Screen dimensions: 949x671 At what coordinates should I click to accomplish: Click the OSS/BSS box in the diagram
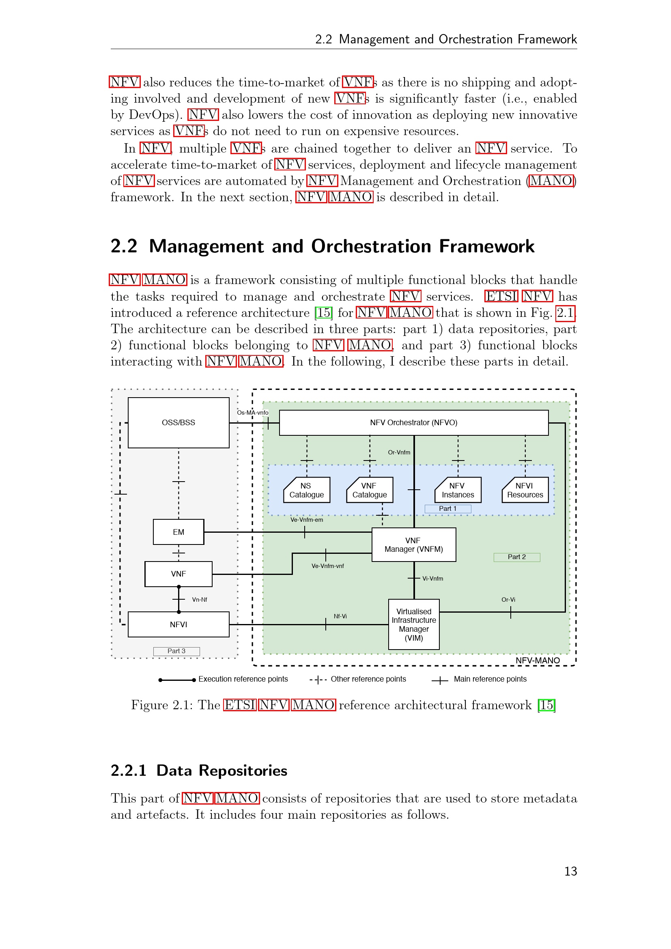179,422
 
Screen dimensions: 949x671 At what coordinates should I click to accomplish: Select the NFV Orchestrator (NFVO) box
413,422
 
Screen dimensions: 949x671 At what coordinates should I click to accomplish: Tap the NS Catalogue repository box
307,490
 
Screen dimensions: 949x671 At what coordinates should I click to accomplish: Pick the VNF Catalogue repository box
370,490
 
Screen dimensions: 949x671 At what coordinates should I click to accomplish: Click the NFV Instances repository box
458,490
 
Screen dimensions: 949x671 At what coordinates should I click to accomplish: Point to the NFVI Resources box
525,490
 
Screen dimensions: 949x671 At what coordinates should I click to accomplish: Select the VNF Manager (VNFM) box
413,544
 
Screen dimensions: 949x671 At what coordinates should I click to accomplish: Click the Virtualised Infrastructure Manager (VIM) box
413,624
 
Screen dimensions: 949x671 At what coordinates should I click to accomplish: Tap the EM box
179,532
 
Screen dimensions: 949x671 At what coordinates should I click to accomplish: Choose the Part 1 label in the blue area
447,508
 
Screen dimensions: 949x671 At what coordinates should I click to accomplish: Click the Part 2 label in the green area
516,557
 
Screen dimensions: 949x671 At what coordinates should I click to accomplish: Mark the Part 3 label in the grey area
176,651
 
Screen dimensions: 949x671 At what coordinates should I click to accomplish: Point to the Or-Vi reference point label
508,599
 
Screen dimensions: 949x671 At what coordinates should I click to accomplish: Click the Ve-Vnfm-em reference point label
307,520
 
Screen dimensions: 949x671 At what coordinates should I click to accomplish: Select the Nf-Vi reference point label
340,616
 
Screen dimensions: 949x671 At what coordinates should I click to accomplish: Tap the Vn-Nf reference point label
200,599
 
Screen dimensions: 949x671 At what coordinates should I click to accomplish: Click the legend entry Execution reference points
243,679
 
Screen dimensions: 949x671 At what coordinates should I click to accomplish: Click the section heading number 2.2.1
129,771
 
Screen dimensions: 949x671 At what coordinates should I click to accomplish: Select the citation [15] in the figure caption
546,705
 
